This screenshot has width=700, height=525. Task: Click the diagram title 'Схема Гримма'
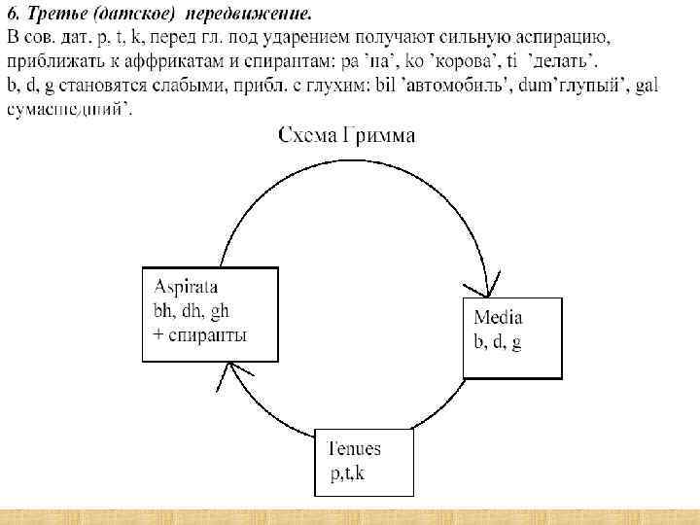pyautogui.click(x=346, y=136)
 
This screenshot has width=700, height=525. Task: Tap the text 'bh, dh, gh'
pyautogui.click(x=192, y=311)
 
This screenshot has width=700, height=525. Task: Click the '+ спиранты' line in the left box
pyautogui.click(x=200, y=335)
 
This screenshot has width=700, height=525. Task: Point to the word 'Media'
pyautogui.click(x=498, y=317)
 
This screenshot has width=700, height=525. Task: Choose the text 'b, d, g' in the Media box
pyautogui.click(x=497, y=342)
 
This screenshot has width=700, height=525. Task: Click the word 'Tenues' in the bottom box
pyautogui.click(x=355, y=448)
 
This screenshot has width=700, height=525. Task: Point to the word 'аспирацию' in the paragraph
pyautogui.click(x=563, y=37)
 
